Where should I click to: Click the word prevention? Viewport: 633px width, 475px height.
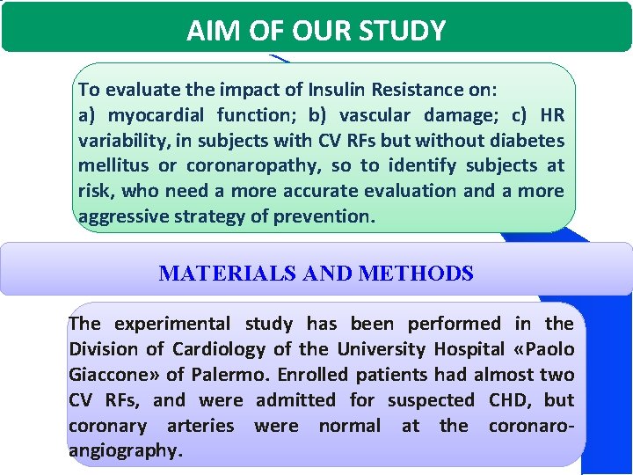[328, 216]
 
